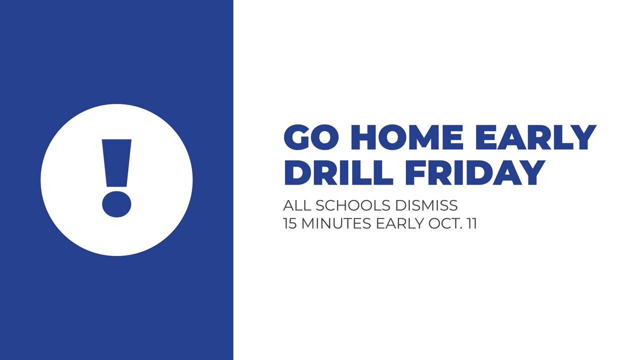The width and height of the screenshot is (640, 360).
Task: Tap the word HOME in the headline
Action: point(407,137)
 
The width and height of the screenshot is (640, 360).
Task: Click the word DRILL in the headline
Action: point(338,172)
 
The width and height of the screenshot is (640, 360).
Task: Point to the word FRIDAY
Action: point(475,172)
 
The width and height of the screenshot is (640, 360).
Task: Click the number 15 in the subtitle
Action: point(290,223)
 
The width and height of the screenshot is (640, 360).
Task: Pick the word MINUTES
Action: point(336,223)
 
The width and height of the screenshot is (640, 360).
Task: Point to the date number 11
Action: point(471,223)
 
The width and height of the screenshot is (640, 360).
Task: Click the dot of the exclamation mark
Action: point(116,204)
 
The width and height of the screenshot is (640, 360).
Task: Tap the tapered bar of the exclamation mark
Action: point(116,163)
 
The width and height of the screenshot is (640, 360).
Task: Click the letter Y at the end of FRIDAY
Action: point(531,172)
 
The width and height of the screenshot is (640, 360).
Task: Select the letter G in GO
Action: point(297,137)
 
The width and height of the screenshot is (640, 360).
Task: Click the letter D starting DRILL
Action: point(297,172)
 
